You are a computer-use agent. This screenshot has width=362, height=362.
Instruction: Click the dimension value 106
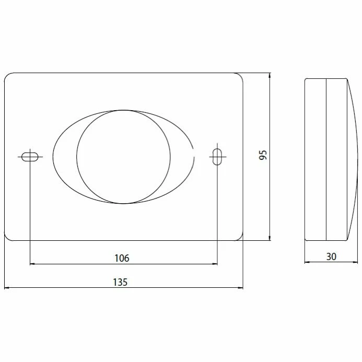click(122, 258)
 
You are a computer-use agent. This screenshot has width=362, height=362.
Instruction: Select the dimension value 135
click(120, 282)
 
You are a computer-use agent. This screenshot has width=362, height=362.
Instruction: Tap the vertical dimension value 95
click(263, 155)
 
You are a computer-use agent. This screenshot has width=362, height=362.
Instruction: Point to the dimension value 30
click(331, 256)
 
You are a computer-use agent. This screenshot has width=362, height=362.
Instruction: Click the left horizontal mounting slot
click(30, 157)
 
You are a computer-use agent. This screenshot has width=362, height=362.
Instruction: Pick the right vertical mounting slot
click(217, 157)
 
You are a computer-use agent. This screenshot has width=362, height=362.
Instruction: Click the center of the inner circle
click(123, 157)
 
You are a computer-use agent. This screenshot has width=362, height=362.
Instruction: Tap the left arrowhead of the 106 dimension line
click(32, 264)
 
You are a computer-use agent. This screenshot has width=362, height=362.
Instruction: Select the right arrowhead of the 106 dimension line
click(215, 264)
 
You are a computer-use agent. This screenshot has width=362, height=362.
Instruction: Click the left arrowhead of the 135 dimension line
click(7, 288)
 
